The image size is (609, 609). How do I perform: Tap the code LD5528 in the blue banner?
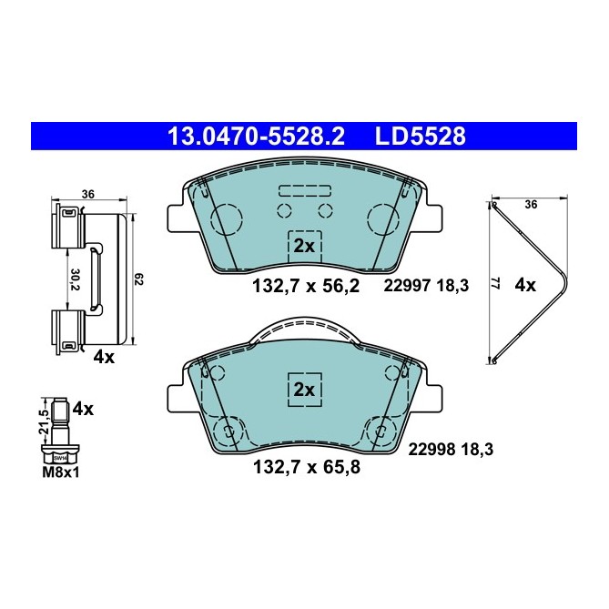[x=420, y=137]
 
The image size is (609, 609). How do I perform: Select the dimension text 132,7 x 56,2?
[x=306, y=286]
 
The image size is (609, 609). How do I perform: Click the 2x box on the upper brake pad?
[x=304, y=246]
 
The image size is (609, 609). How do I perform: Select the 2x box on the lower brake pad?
[x=304, y=389]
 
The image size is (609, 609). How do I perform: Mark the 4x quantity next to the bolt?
[x=83, y=409]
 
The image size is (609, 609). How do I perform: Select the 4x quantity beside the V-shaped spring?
[x=525, y=285]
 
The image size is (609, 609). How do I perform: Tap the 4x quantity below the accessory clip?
[x=103, y=357]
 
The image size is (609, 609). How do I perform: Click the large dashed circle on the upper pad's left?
[x=228, y=218]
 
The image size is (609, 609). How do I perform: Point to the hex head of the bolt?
[x=60, y=455]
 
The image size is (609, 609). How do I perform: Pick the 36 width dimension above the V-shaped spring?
[x=532, y=204]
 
